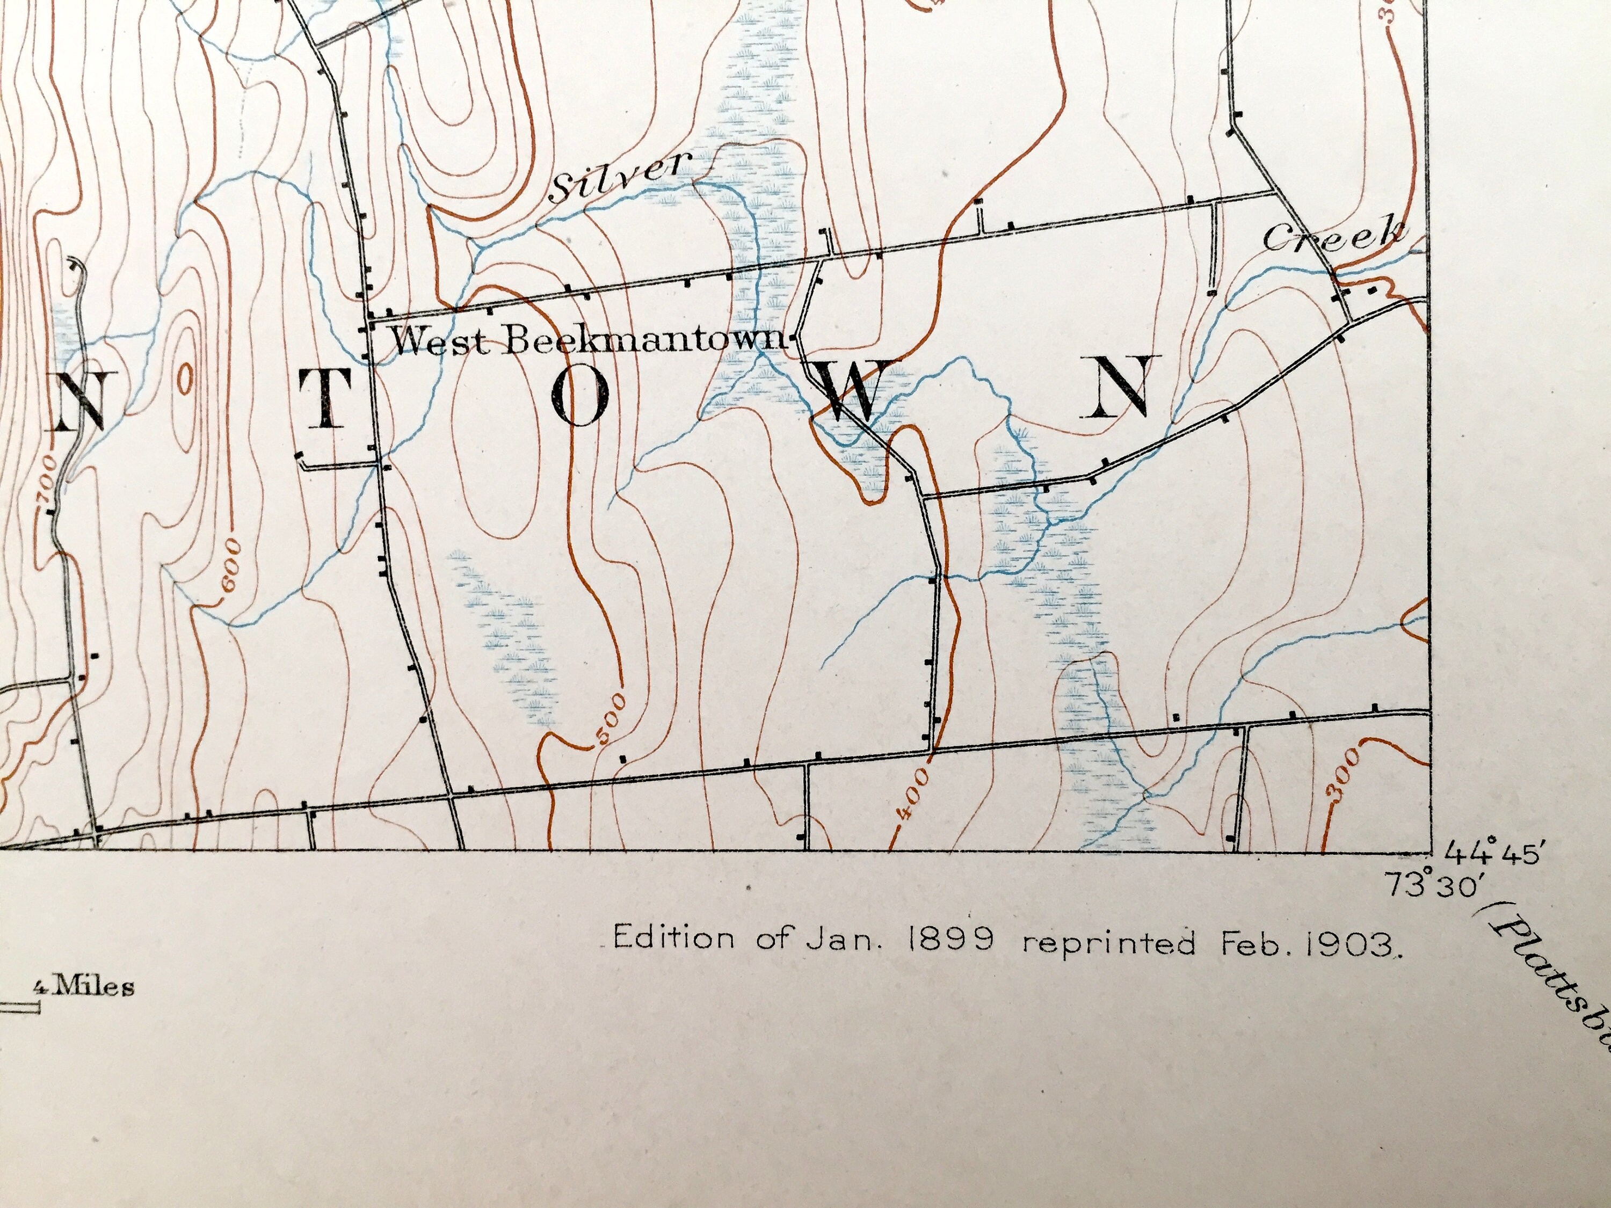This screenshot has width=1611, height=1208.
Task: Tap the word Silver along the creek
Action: point(619,176)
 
